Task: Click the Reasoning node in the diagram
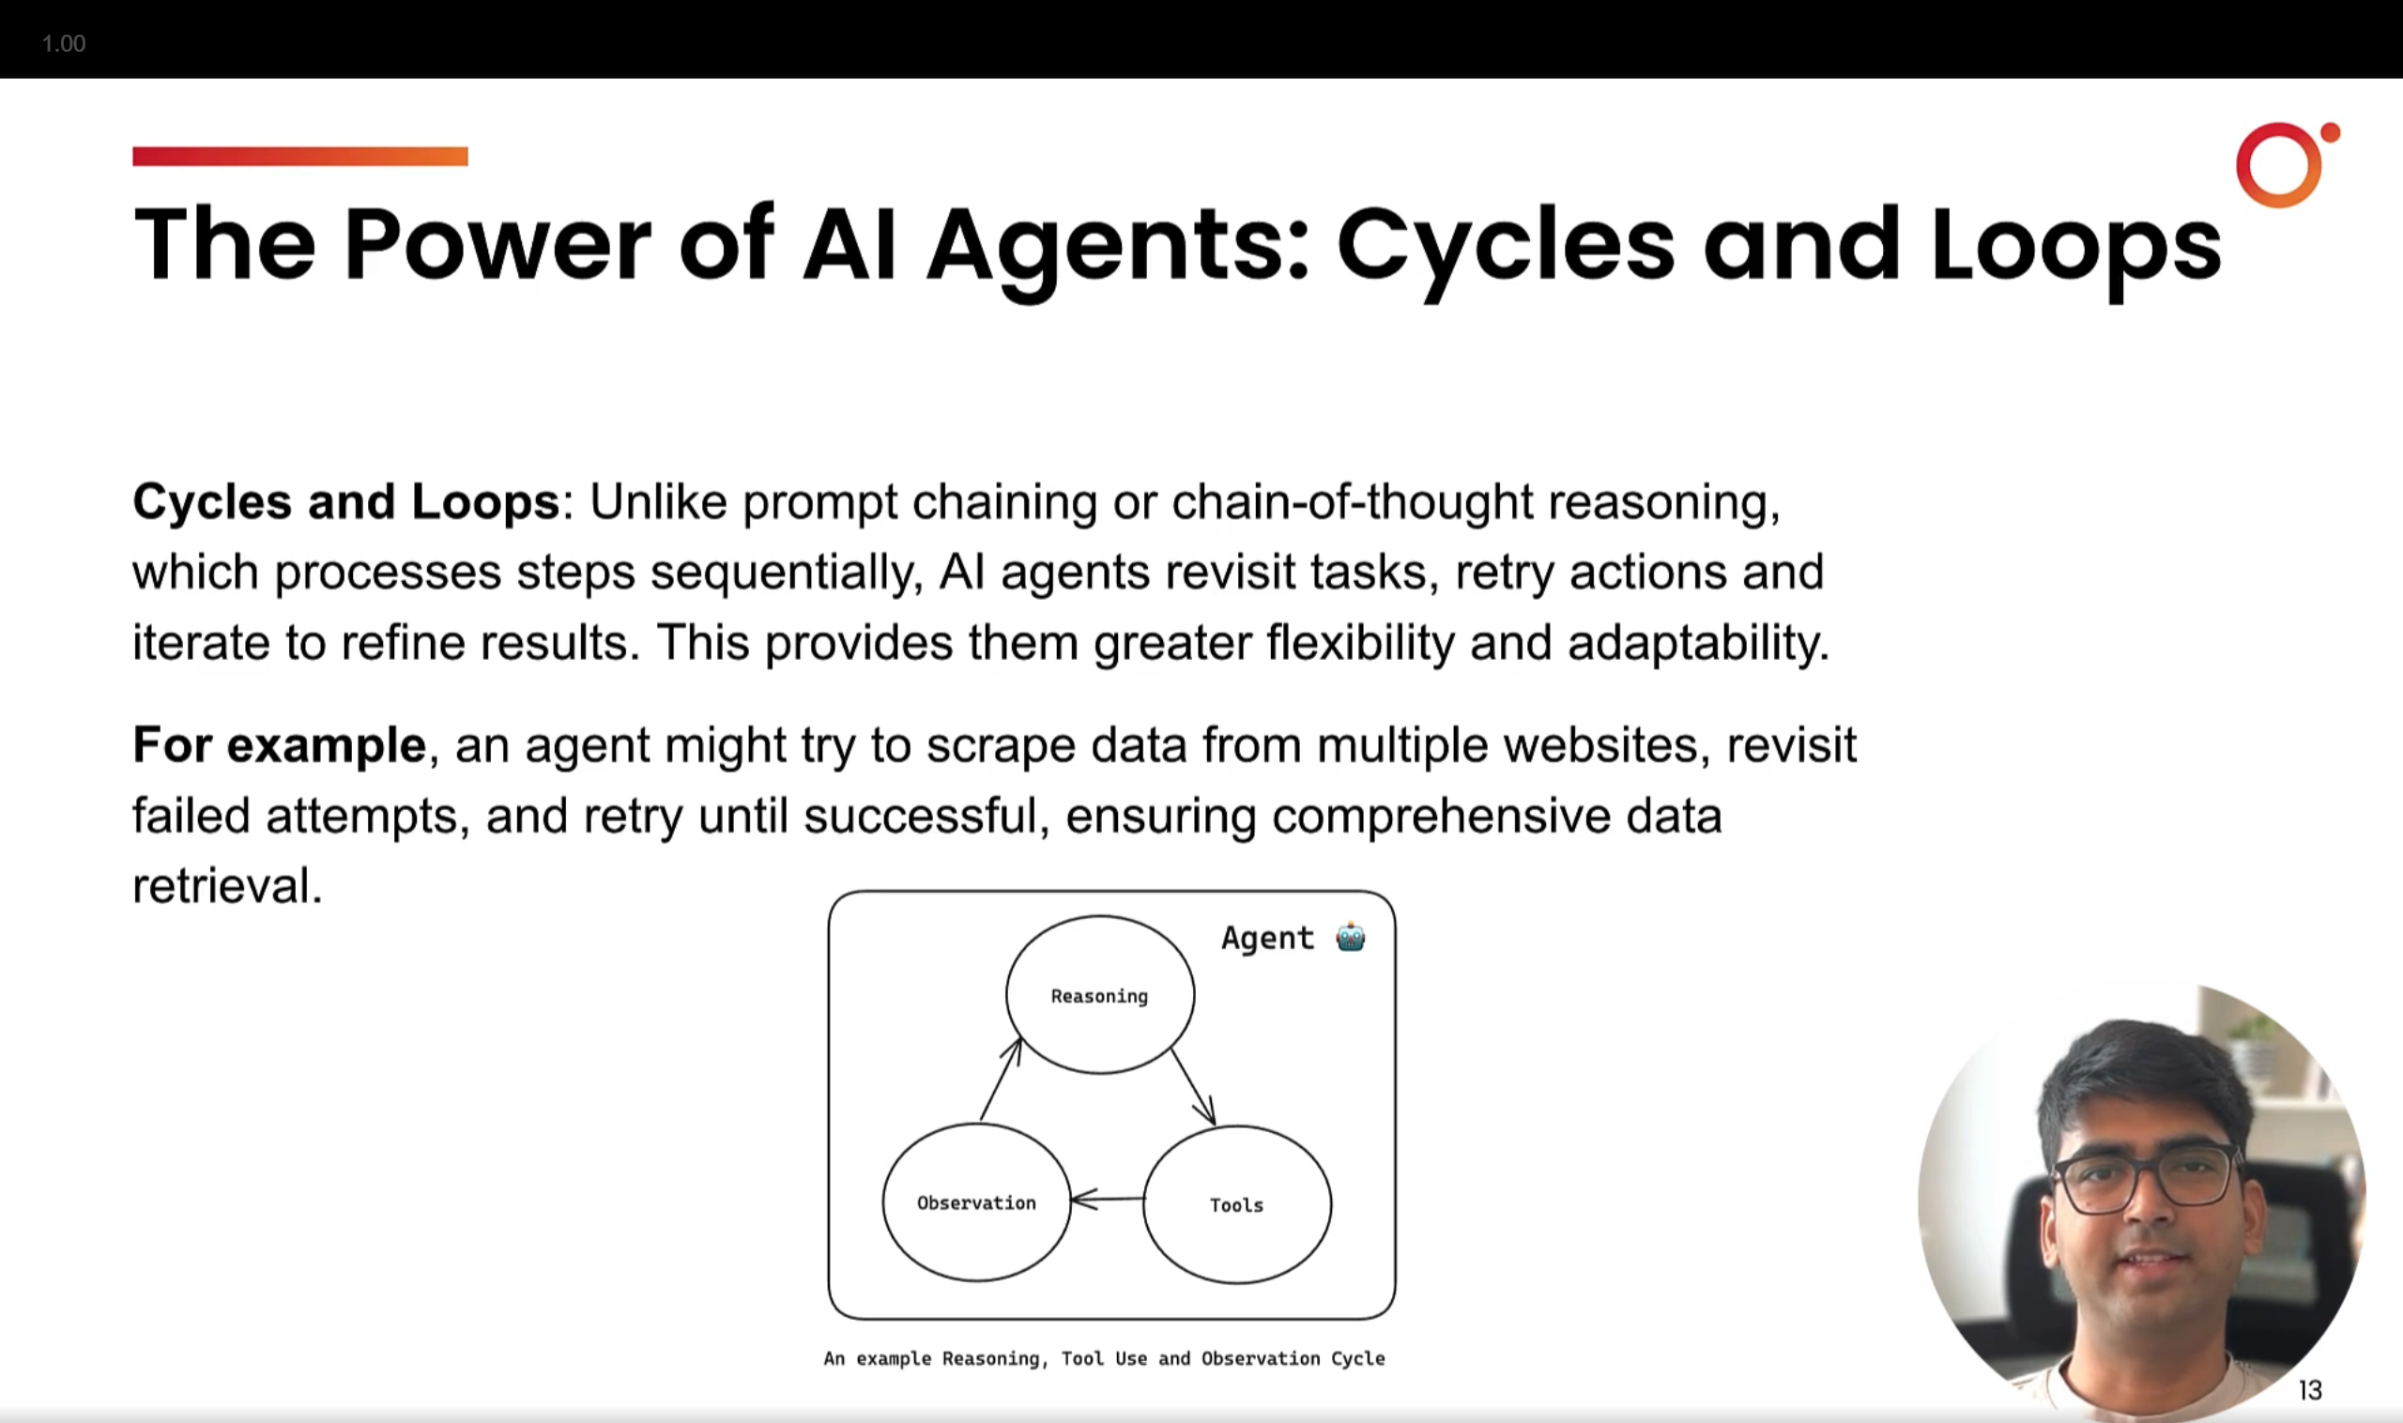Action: click(1100, 994)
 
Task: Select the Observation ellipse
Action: click(976, 1201)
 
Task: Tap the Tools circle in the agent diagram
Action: click(1237, 1204)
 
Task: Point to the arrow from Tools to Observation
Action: click(1108, 1199)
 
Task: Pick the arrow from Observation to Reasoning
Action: click(1000, 1079)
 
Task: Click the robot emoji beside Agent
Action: click(1350, 937)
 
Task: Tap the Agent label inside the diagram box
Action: click(1266, 938)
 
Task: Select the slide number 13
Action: click(2310, 1389)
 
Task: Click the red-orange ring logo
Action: click(2282, 164)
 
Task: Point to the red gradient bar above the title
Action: click(300, 157)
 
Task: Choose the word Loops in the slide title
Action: click(2075, 246)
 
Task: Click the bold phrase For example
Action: click(279, 745)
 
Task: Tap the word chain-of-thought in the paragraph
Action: click(1352, 501)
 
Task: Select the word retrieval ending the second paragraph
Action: click(226, 885)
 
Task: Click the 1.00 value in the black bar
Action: click(63, 43)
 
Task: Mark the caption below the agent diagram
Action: click(1104, 1358)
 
